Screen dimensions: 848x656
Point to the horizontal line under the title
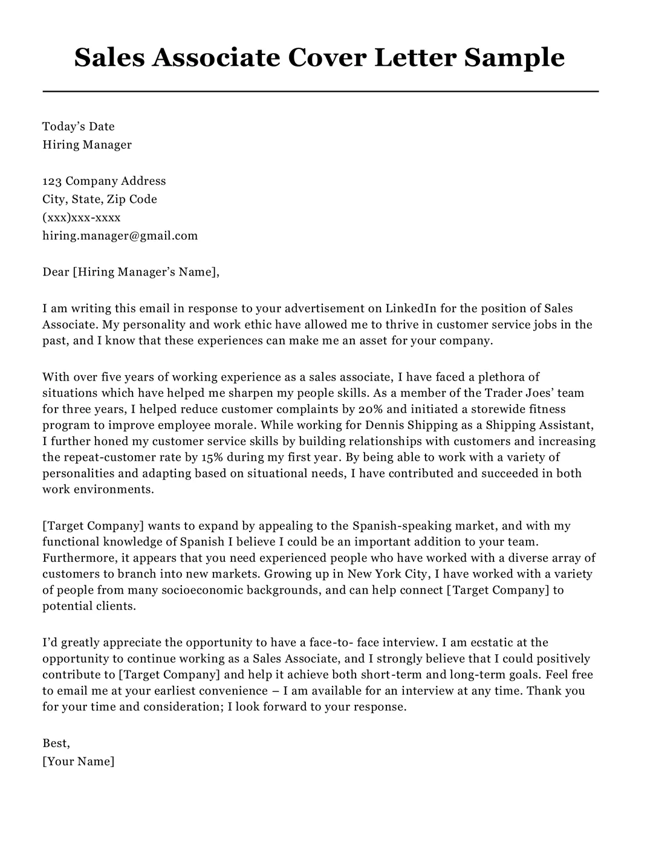[320, 91]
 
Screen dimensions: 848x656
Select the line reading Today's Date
[78, 126]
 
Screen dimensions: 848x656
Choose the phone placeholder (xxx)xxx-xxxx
[82, 217]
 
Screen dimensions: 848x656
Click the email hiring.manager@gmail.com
[120, 235]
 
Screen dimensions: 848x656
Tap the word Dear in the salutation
[56, 272]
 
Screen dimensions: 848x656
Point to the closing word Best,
[56, 743]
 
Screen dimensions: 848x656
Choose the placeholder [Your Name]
[78, 761]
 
